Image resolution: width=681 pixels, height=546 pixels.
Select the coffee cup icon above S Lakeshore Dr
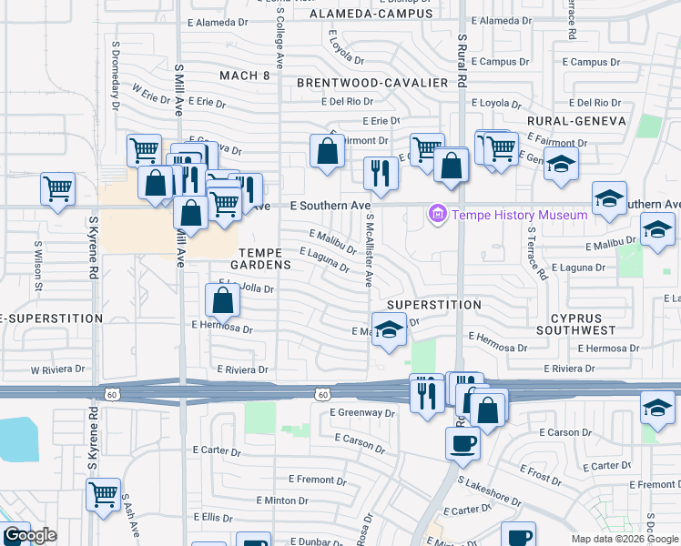tap(462, 443)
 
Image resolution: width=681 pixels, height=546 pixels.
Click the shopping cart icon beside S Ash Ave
tap(103, 494)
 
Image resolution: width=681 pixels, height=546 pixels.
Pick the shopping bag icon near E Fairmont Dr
tap(327, 151)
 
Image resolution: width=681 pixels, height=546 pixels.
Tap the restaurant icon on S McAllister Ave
tap(380, 173)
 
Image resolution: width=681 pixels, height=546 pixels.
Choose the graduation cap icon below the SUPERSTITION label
tap(389, 329)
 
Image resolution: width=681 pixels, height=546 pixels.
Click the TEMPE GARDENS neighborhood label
tap(265, 258)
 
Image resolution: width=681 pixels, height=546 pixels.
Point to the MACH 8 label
tap(244, 76)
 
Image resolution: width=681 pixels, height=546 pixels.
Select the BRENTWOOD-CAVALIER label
tap(373, 83)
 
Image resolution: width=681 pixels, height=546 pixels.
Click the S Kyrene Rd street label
tap(93, 247)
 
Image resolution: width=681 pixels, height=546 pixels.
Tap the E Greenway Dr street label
tap(363, 412)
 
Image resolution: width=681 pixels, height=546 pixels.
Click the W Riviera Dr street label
tap(58, 370)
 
